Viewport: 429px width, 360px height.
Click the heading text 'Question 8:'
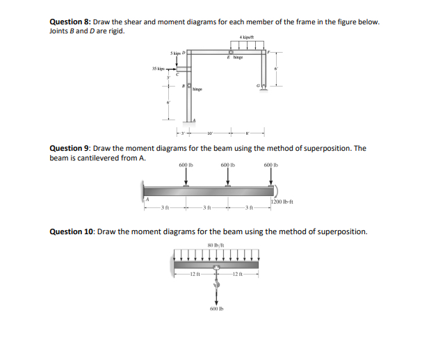[x=70, y=22]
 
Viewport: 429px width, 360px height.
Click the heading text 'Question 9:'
[x=68, y=148]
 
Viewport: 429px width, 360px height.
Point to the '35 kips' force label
[x=159, y=68]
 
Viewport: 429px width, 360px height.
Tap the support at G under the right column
[x=264, y=87]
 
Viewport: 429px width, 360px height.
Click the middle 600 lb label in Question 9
[x=229, y=165]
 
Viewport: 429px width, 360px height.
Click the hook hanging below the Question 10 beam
[x=216, y=279]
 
